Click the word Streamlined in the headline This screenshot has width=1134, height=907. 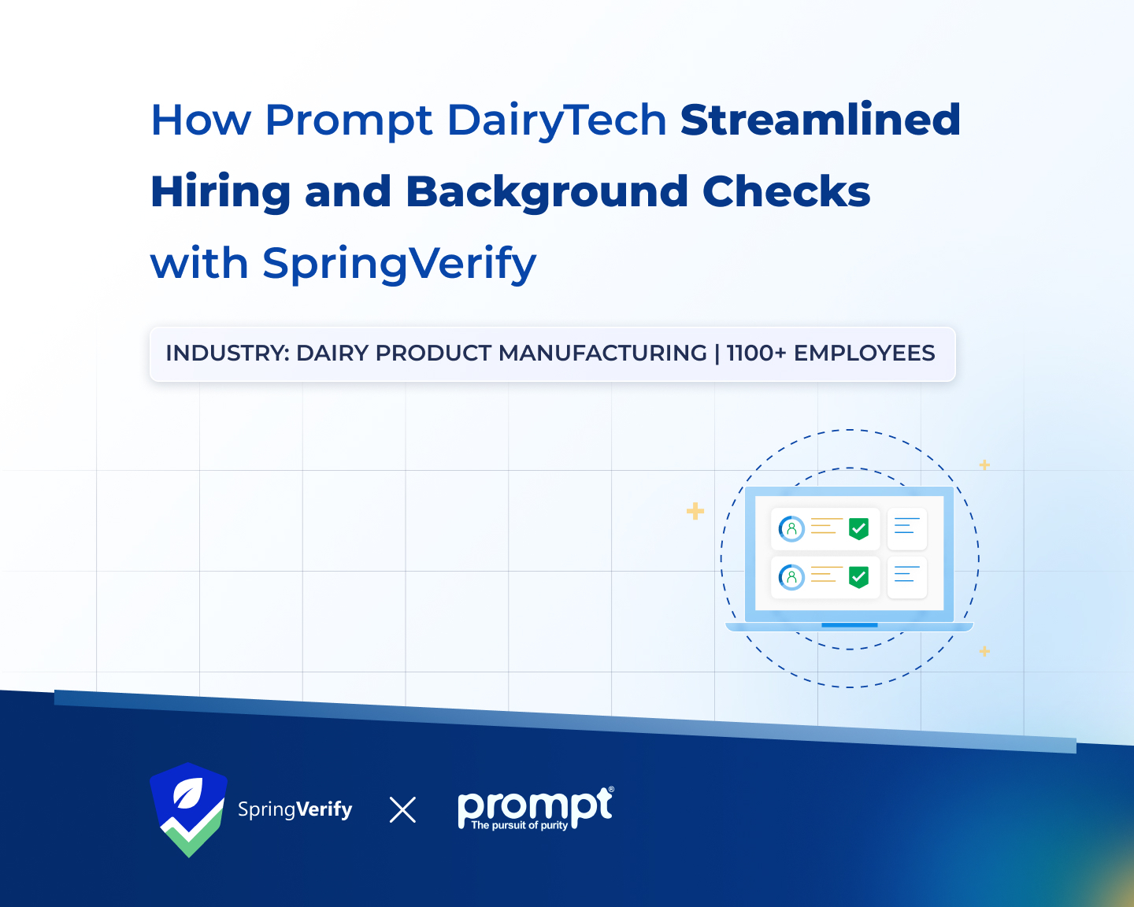click(821, 120)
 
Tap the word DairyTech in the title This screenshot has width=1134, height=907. click(557, 120)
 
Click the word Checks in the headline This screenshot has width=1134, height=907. click(786, 191)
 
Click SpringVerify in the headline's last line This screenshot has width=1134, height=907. click(398, 263)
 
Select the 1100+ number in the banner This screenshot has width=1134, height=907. click(756, 354)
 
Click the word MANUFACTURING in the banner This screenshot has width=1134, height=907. click(602, 354)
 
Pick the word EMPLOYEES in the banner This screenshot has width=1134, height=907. click(864, 354)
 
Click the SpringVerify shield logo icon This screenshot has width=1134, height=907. click(189, 809)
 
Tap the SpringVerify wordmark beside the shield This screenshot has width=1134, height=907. click(295, 809)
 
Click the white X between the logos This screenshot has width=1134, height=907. click(402, 809)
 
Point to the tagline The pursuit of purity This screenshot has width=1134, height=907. click(519, 825)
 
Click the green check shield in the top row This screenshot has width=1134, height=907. click(858, 528)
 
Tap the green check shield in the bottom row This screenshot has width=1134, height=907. click(858, 577)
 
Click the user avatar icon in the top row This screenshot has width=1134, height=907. click(791, 528)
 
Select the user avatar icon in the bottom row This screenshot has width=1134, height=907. click(791, 577)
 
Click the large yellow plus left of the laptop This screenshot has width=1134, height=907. click(695, 512)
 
